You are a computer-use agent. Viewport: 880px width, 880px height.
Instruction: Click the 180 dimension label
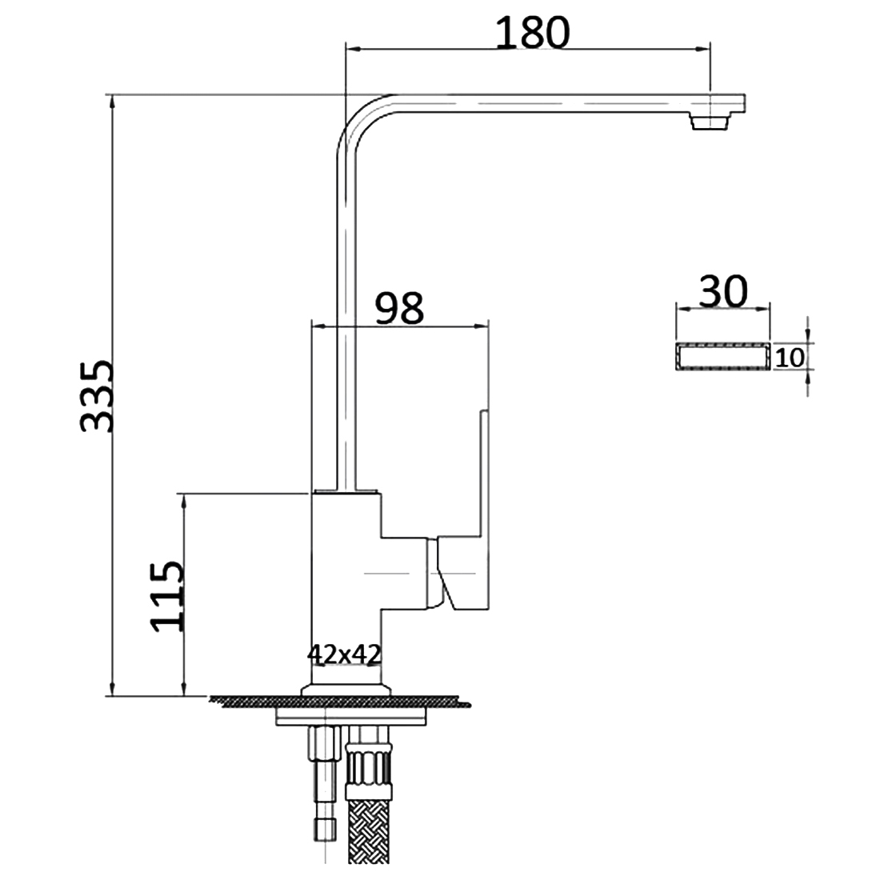pos(532,32)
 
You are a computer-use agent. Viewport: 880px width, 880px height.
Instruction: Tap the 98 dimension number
pos(398,308)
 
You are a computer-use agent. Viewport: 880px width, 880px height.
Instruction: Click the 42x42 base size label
pos(343,654)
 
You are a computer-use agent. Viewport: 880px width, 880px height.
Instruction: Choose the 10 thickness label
pos(789,358)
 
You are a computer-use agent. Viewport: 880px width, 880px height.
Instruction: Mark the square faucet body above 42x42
pos(344,576)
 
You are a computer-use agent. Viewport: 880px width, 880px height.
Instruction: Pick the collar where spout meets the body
pos(345,490)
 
